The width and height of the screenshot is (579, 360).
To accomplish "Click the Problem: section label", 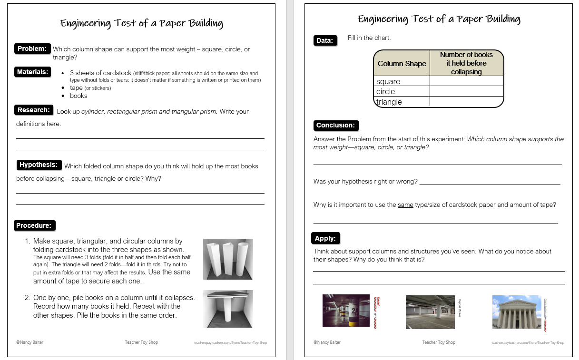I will [x=32, y=49].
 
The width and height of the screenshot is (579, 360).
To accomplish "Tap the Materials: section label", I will [x=33, y=72].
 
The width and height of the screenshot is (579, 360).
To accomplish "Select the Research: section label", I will [x=33, y=110].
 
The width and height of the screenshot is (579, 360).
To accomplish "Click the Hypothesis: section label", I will [x=38, y=165].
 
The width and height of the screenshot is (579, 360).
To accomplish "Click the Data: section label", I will [x=324, y=41].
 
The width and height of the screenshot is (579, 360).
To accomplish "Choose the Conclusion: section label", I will [x=335, y=126].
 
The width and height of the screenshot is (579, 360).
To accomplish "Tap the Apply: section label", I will [x=325, y=238].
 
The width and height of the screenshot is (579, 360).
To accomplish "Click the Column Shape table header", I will [x=402, y=63].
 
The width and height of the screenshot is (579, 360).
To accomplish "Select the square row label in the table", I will [x=388, y=81].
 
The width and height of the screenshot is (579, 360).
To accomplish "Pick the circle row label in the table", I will [x=386, y=91].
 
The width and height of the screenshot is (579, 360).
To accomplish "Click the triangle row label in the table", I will [x=389, y=102].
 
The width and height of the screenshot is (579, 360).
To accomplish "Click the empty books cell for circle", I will [x=466, y=91].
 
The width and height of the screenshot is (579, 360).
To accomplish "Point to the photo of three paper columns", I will [x=228, y=259].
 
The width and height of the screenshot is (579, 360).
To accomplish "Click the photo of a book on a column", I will [x=228, y=309].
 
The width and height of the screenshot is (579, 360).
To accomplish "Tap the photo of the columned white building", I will [x=517, y=312].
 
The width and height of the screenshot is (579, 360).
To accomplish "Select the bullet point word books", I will [x=79, y=96].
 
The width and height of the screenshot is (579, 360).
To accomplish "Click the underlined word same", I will [x=405, y=205].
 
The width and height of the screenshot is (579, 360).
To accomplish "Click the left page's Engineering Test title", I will [x=141, y=23].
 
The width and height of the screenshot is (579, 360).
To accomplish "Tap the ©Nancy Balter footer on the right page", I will [x=327, y=342].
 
